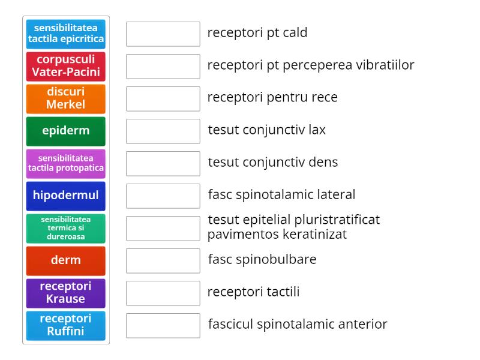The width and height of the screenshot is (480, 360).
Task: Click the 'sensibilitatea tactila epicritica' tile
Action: [66, 34]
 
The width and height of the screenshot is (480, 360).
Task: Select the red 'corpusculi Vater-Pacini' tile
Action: [66, 67]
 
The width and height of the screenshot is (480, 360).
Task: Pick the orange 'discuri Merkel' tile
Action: [66, 99]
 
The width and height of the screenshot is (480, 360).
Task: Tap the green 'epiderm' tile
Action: [66, 131]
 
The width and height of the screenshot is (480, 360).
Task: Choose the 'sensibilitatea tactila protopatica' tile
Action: [66, 164]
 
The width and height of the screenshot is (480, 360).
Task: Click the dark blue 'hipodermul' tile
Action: [66, 196]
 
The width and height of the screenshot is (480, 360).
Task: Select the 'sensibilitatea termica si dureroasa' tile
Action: [66, 229]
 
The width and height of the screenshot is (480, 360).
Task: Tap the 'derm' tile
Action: [66, 261]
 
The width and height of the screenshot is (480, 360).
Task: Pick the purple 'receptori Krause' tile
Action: [66, 293]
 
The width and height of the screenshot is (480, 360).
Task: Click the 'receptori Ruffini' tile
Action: [66, 326]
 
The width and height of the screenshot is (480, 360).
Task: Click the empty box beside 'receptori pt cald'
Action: [163, 34]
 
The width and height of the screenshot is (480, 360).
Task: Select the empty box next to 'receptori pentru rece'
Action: [163, 99]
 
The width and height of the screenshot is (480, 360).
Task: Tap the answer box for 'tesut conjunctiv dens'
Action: [163, 164]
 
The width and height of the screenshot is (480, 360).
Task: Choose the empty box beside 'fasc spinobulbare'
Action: [163, 261]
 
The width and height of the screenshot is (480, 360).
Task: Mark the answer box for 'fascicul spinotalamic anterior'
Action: [163, 326]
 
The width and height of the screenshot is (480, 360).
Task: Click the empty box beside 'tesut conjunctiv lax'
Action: [163, 131]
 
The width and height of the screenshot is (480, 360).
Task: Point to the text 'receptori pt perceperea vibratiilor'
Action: [311, 65]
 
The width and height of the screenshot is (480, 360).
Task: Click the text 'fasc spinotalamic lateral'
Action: [281, 194]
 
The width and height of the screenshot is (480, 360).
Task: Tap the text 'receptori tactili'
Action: [253, 292]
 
